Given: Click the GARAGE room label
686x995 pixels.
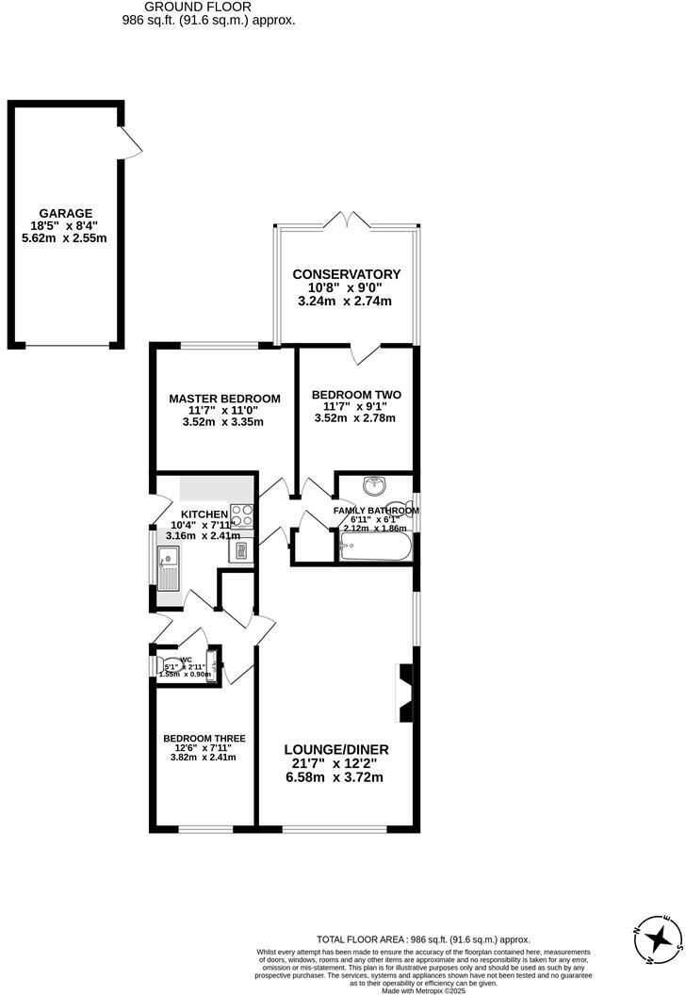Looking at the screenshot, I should (65, 214).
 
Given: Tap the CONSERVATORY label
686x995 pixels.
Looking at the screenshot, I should (346, 274).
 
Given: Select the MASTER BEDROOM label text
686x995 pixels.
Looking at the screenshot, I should (224, 399).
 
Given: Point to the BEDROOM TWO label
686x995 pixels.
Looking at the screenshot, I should (356, 395).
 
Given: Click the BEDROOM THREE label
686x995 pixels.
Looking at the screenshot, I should (204, 739).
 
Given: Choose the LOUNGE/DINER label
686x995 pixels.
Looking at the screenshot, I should (336, 750).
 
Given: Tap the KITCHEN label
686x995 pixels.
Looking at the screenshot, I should (204, 514).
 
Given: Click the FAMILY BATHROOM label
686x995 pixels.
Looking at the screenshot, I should (376, 511).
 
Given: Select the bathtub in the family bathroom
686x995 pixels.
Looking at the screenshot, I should (376, 548).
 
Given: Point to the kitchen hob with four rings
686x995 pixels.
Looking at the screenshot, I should (242, 516).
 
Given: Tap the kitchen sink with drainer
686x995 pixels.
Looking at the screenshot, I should (171, 570).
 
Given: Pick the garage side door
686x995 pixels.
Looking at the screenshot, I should (131, 141).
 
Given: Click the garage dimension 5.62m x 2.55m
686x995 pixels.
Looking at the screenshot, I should (65, 239).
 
